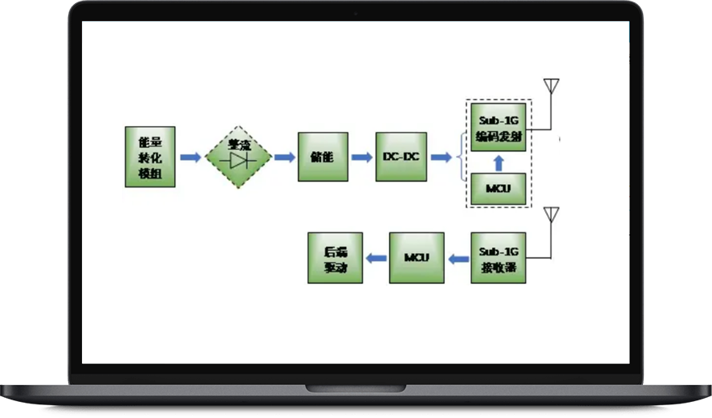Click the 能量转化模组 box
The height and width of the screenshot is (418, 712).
click(150, 157)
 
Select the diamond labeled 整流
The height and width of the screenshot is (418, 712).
click(238, 156)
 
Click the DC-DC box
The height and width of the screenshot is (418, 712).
click(401, 157)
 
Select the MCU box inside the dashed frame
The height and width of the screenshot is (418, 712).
click(498, 188)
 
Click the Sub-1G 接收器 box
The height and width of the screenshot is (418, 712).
click(498, 257)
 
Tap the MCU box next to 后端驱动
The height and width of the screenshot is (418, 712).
click(417, 257)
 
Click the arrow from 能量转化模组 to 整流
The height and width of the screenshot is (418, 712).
click(190, 157)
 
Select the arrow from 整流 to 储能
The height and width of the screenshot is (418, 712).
click(285, 157)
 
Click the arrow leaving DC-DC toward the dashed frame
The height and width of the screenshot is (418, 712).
click(441, 157)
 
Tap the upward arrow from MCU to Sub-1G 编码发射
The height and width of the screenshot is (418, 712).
click(498, 163)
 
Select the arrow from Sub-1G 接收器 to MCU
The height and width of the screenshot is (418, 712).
click(458, 258)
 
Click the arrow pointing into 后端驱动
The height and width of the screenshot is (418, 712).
click(376, 258)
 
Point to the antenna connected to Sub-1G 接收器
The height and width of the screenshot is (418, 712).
click(551, 215)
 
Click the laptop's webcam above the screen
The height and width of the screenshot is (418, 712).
click(356, 13)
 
